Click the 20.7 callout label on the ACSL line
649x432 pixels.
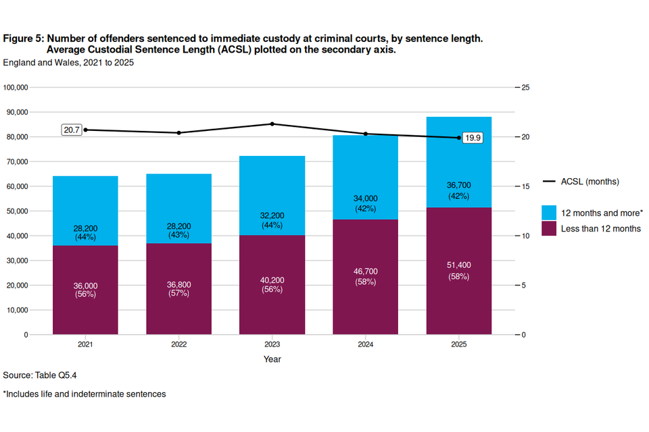pyautogui.click(x=71, y=130)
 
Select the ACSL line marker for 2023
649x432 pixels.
pyautogui.click(x=272, y=124)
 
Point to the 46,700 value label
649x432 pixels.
pyautogui.click(x=366, y=271)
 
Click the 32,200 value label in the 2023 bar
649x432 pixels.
pyautogui.click(x=272, y=216)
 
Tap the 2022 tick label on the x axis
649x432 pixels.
pyautogui.click(x=178, y=344)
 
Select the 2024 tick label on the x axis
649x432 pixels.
pyautogui.click(x=366, y=344)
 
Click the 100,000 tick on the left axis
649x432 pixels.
pyautogui.click(x=16, y=88)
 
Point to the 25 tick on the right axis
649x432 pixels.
pyautogui.click(x=525, y=88)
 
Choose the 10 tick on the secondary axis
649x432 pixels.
pyautogui.click(x=525, y=236)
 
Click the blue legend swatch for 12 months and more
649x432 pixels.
pyautogui.click(x=549, y=212)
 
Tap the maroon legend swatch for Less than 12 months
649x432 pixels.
pyautogui.click(x=549, y=228)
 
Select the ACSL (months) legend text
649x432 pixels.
pyautogui.click(x=590, y=182)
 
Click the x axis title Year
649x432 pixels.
pyautogui.click(x=272, y=359)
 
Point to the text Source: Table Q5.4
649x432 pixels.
pyautogui.click(x=45, y=375)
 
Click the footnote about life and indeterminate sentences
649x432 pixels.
pyautogui.click(x=85, y=394)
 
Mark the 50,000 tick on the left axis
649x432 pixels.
pyautogui.click(x=18, y=211)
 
